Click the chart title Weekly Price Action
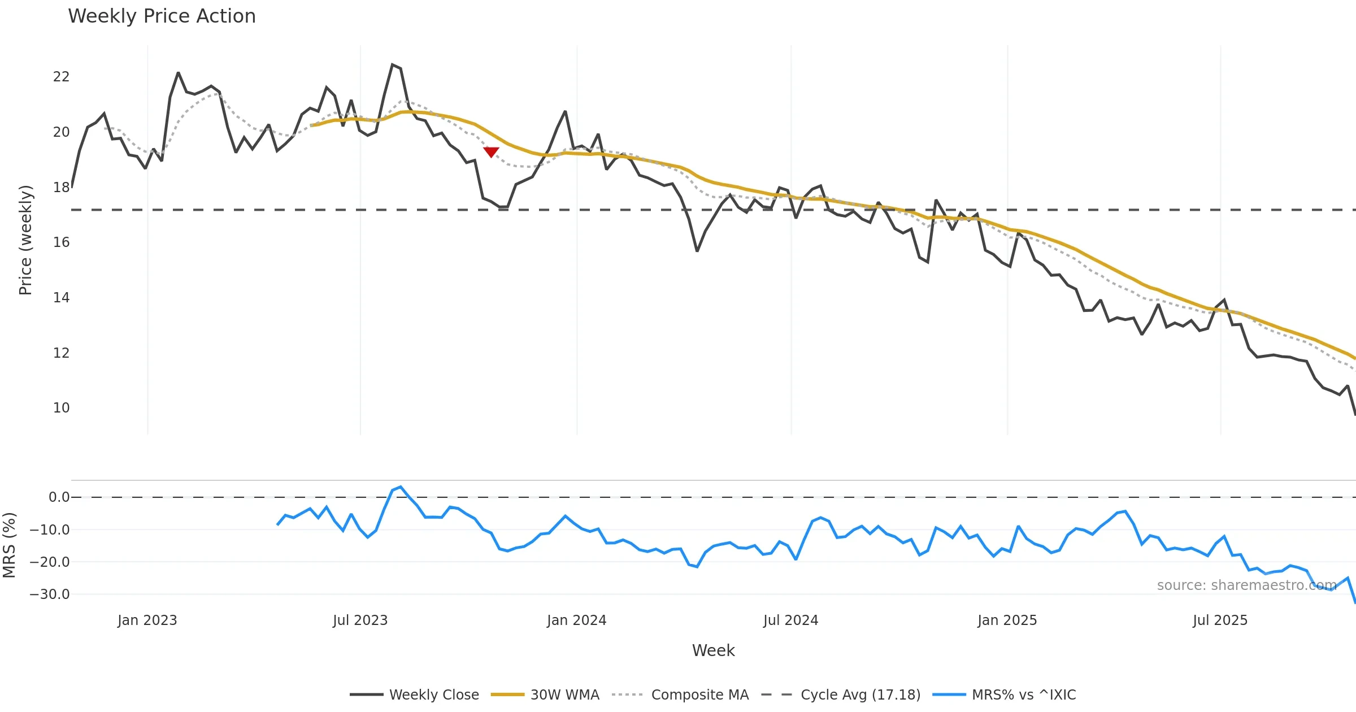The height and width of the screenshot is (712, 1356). pos(162,16)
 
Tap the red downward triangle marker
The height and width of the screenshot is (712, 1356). pos(491,152)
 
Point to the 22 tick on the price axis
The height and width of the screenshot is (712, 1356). pos(61,77)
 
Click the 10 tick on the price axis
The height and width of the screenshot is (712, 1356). pos(61,408)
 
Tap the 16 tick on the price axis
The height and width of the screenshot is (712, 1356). pos(61,242)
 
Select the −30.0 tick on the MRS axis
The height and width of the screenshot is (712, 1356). pos(50,594)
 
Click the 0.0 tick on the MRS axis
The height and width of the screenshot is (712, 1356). pos(59,497)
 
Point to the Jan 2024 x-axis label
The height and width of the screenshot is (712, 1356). pos(576,620)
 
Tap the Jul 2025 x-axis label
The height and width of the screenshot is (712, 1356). pos(1220,620)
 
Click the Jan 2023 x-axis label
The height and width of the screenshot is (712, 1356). pos(147,620)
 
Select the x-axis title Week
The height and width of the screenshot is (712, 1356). pos(713,650)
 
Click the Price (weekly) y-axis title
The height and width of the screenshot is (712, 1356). pos(25,240)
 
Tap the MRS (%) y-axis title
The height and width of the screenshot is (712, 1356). pos(9,545)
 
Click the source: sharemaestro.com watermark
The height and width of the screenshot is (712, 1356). pos(1246,585)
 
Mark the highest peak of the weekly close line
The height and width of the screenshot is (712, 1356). pos(393,65)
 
